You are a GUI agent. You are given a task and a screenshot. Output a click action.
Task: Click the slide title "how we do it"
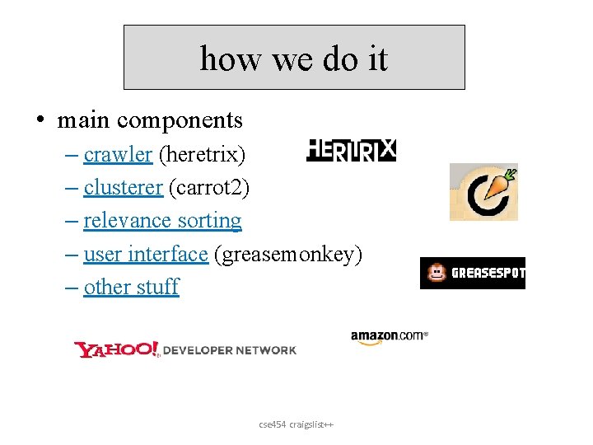[x=293, y=59]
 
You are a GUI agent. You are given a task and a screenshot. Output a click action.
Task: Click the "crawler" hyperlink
[x=118, y=154]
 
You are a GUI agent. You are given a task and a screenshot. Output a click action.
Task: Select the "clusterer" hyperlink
[x=124, y=187]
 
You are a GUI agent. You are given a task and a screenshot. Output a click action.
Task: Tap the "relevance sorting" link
[x=162, y=221]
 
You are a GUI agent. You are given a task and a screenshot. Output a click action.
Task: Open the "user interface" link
[x=145, y=254]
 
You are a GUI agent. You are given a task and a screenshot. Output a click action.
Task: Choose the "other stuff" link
[x=131, y=287]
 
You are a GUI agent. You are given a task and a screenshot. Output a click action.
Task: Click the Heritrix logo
[x=352, y=150]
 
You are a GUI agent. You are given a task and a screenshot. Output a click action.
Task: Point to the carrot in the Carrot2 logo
[x=497, y=187]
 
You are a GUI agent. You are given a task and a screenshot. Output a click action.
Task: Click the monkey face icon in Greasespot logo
[x=436, y=274]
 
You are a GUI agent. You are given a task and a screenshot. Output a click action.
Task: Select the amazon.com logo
[x=389, y=336]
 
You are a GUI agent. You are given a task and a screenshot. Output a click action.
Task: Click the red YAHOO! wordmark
[x=116, y=350]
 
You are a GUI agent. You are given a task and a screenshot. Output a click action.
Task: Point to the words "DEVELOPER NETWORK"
[x=230, y=350]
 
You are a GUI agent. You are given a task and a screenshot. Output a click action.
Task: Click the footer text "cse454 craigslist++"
[x=296, y=424]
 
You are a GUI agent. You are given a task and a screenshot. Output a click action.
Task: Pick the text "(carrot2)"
[x=208, y=187]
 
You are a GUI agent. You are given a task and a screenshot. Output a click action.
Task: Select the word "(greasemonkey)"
[x=287, y=254]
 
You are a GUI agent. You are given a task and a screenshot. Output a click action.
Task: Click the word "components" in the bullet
[x=180, y=120]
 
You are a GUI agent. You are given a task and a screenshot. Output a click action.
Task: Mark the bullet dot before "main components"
[x=40, y=121]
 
